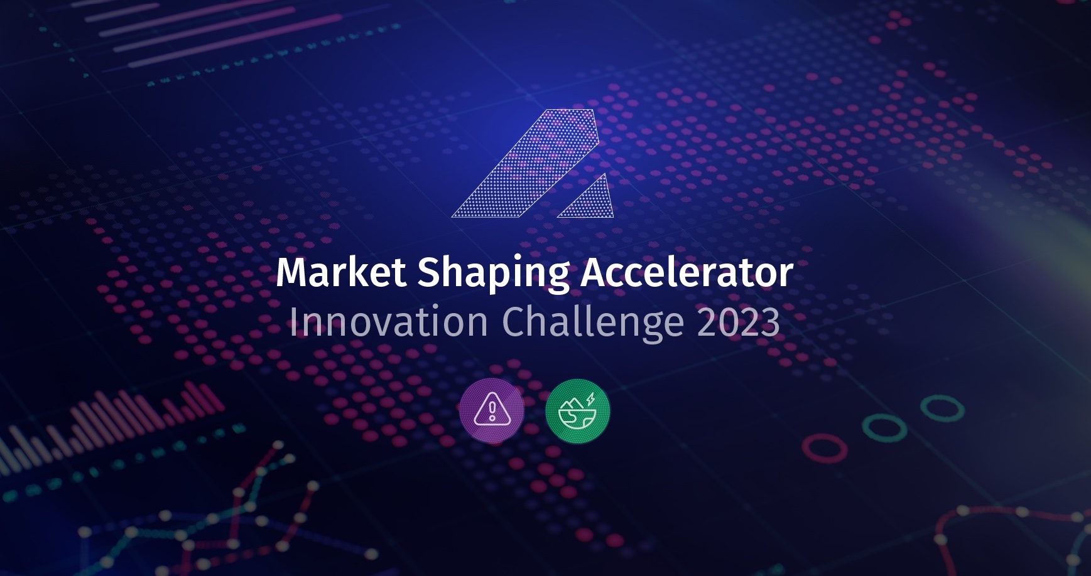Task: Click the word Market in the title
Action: (341, 272)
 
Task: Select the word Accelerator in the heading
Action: (687, 272)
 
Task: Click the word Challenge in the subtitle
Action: (592, 323)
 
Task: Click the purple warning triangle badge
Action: (492, 411)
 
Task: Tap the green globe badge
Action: (577, 411)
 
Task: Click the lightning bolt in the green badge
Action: (590, 398)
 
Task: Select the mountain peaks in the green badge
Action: (573, 403)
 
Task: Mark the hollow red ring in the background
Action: (824, 448)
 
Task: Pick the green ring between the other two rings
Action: (884, 428)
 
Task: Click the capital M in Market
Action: (293, 272)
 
